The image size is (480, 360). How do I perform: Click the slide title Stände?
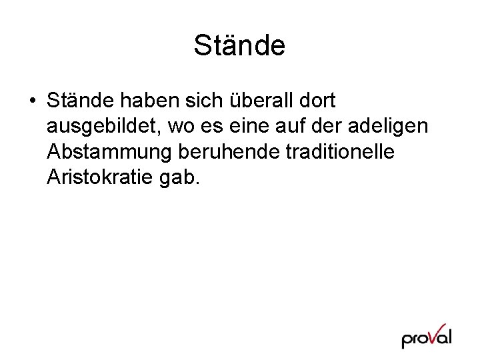[239, 46]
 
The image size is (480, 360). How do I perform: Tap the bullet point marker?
[32, 102]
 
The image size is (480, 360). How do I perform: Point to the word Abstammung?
[110, 152]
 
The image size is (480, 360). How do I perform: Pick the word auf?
[305, 127]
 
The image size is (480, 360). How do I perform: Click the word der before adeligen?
[340, 127]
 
